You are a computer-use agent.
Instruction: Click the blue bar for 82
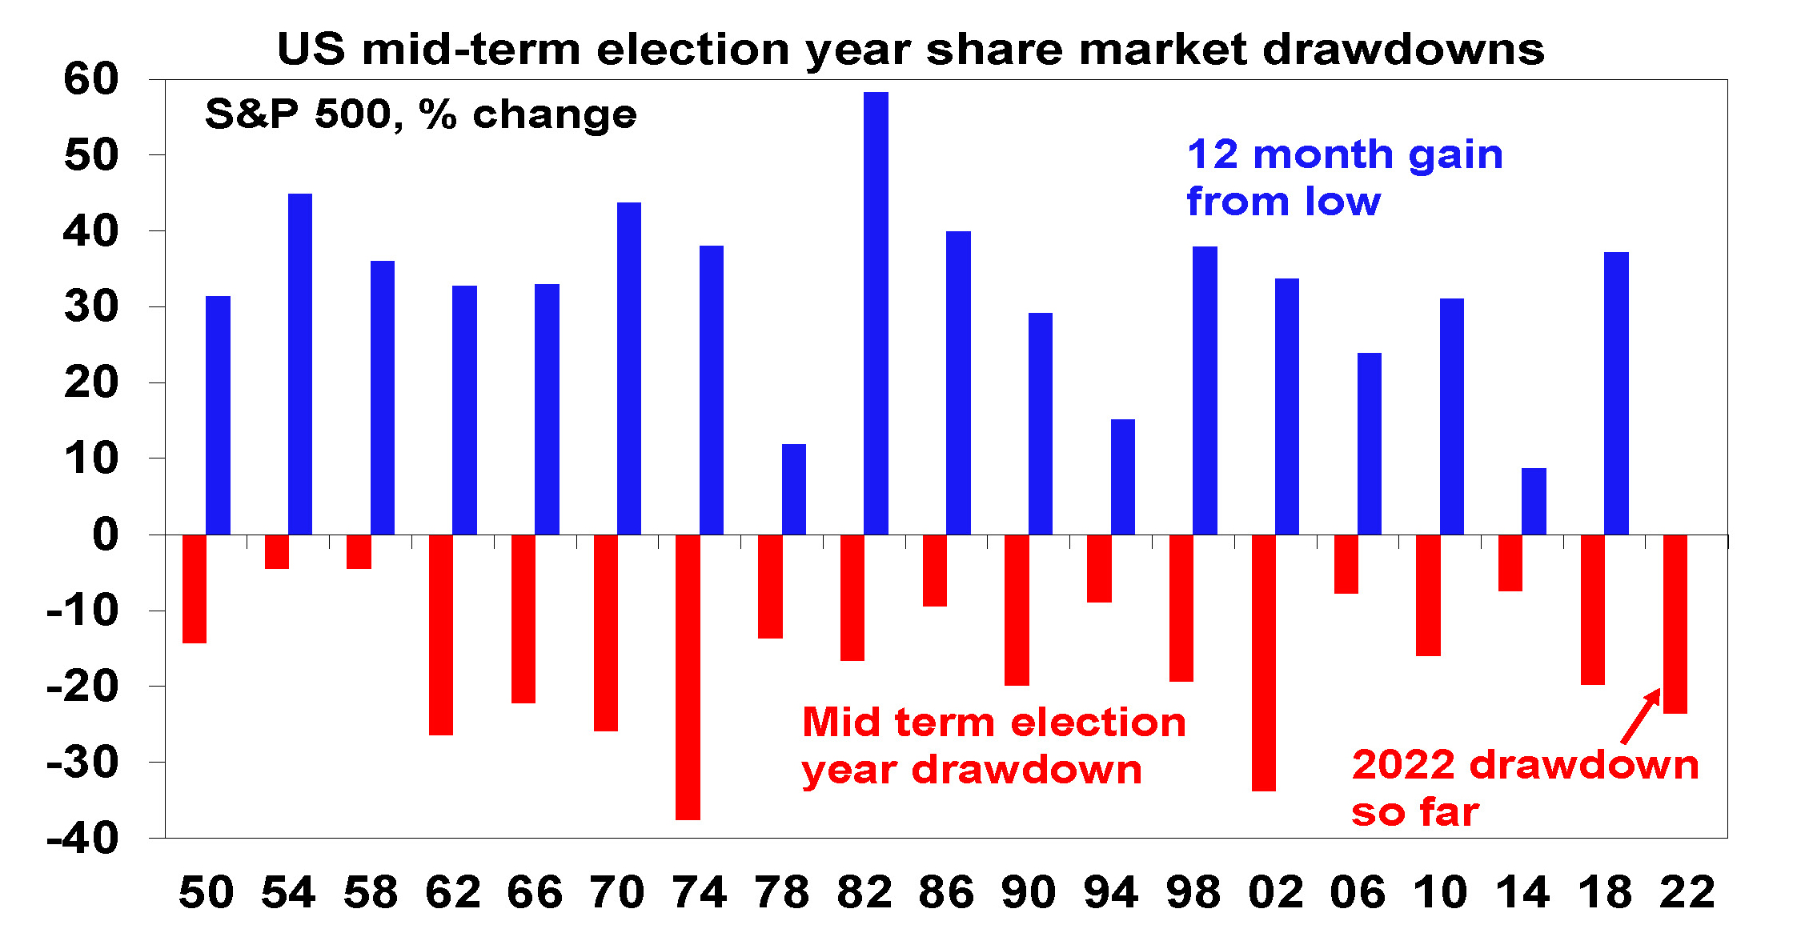(876, 313)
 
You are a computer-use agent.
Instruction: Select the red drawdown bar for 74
(688, 677)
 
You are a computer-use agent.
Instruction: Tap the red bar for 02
(1264, 663)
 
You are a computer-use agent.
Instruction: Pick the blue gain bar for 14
(1534, 501)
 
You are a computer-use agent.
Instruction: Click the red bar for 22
(1675, 624)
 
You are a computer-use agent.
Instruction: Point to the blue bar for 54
(300, 364)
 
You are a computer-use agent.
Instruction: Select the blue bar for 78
(794, 489)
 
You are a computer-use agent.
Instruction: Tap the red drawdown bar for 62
(441, 635)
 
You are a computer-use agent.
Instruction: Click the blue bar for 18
(1616, 393)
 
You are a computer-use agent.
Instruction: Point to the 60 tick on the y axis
(91, 79)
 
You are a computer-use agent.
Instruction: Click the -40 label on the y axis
(83, 839)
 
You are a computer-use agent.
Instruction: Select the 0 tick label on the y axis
(105, 535)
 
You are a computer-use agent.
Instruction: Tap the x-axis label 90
(1029, 892)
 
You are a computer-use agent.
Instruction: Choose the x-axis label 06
(1358, 892)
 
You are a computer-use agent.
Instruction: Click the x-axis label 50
(206, 892)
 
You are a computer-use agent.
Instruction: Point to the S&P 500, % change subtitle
(420, 114)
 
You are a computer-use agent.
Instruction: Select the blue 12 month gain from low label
(1345, 178)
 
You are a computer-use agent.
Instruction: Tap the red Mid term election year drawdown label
(993, 746)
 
